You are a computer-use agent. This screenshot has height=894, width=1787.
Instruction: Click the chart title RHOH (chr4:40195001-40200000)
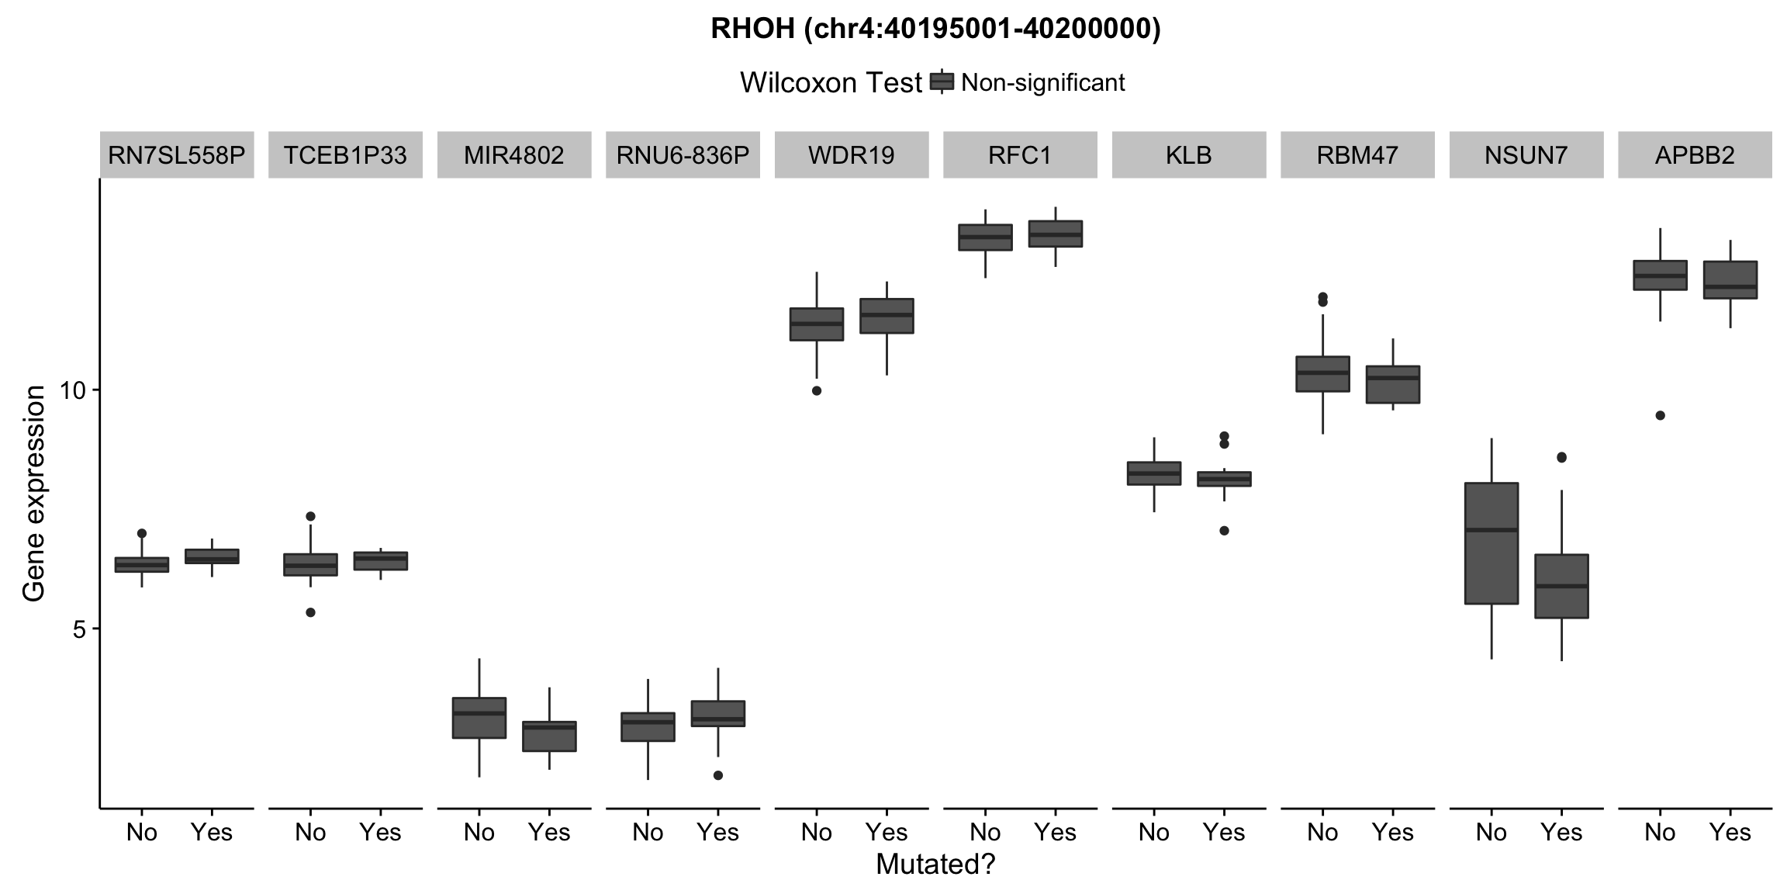click(935, 29)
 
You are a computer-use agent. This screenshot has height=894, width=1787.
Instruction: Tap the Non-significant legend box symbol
click(942, 81)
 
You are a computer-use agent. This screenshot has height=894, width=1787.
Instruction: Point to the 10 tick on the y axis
click(72, 390)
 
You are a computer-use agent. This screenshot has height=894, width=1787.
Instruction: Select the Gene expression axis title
click(34, 494)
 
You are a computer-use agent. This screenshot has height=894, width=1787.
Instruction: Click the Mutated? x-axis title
click(935, 865)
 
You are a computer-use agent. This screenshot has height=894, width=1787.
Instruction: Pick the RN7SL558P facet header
click(177, 155)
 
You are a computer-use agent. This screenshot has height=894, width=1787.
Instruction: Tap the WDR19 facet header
click(851, 155)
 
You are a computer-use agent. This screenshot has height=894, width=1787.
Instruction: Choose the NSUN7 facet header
click(1526, 155)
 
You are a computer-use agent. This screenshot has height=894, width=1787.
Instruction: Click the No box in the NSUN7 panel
click(1491, 543)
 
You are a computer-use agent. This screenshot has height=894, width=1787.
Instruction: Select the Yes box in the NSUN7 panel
click(1561, 586)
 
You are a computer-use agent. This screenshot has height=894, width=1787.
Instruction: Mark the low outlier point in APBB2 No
click(1660, 416)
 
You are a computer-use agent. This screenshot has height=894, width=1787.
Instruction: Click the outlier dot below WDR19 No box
click(817, 391)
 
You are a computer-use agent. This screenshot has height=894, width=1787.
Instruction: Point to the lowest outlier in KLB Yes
click(1224, 531)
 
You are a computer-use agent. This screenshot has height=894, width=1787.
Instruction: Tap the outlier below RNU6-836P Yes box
click(718, 775)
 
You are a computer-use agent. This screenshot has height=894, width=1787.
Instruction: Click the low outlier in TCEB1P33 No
click(310, 612)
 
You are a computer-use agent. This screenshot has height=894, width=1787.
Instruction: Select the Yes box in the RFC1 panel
click(1055, 234)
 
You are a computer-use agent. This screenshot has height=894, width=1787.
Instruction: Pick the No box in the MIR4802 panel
click(479, 718)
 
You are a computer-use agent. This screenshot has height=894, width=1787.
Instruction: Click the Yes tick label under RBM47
click(1393, 833)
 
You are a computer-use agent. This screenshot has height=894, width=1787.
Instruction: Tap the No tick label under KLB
click(1153, 833)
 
